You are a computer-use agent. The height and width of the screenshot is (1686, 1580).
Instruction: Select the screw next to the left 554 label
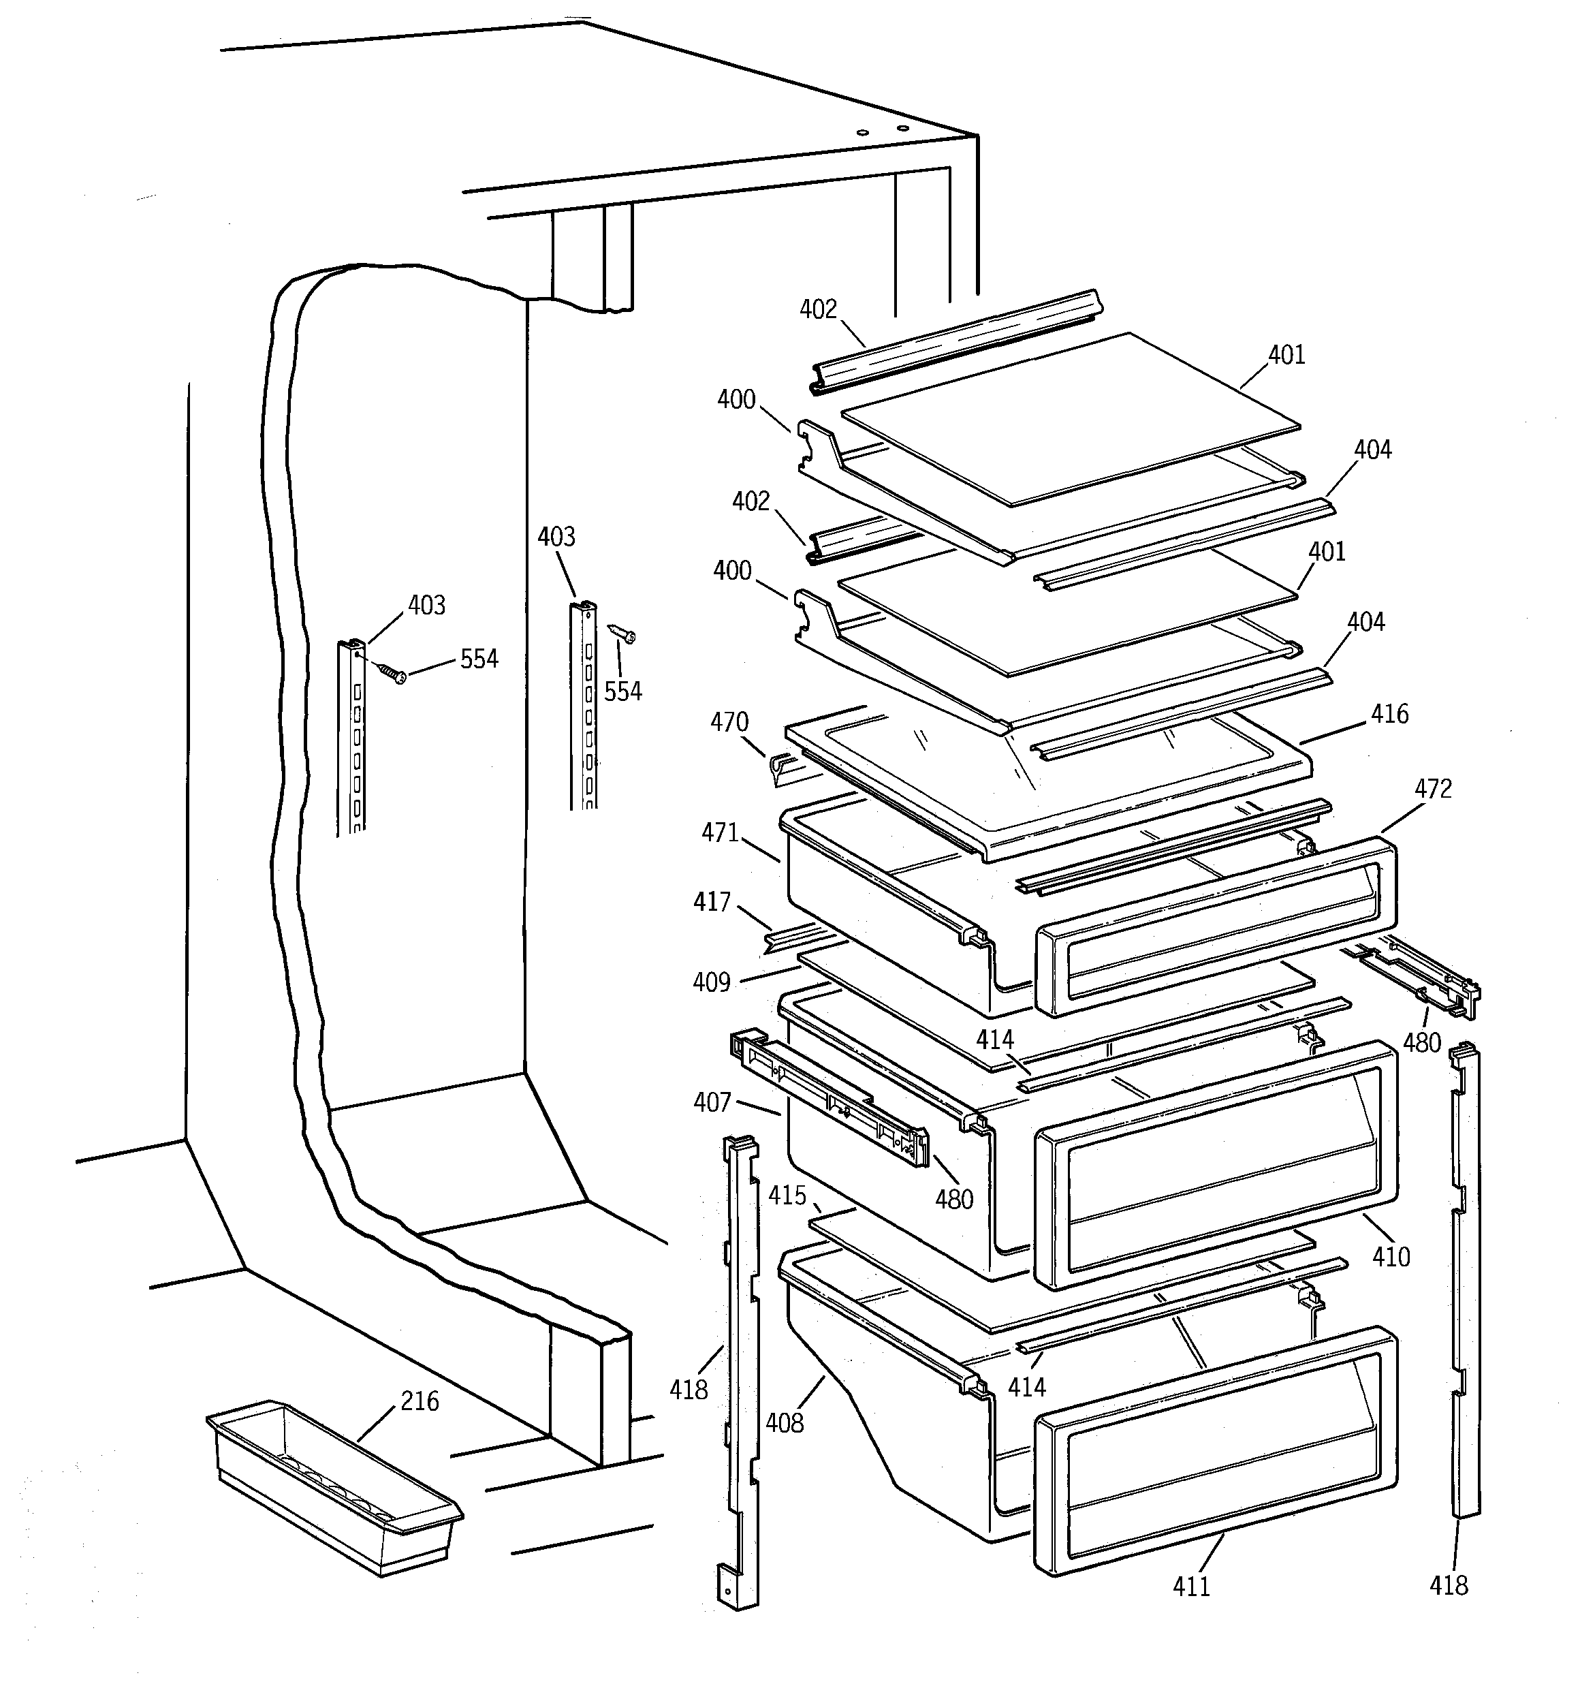click(x=392, y=672)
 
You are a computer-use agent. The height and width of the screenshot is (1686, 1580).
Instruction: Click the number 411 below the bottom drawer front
click(x=1190, y=1586)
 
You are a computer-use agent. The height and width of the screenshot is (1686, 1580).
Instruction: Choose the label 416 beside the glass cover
click(x=1389, y=714)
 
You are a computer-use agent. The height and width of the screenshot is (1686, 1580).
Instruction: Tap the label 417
click(x=712, y=901)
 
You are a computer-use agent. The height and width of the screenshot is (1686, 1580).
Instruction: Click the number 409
click(x=712, y=982)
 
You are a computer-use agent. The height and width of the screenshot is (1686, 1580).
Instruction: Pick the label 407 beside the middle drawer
click(x=712, y=1102)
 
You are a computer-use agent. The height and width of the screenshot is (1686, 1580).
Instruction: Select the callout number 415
click(x=787, y=1195)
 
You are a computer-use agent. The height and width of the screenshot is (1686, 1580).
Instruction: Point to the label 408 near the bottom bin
click(x=785, y=1422)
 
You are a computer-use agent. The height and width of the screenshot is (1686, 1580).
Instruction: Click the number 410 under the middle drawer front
click(x=1391, y=1256)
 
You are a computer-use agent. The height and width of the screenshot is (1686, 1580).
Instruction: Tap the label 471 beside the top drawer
click(x=720, y=833)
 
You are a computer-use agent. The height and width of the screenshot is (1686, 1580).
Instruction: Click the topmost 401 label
click(x=1286, y=354)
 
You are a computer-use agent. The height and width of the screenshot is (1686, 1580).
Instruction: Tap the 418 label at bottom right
click(x=1449, y=1585)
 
